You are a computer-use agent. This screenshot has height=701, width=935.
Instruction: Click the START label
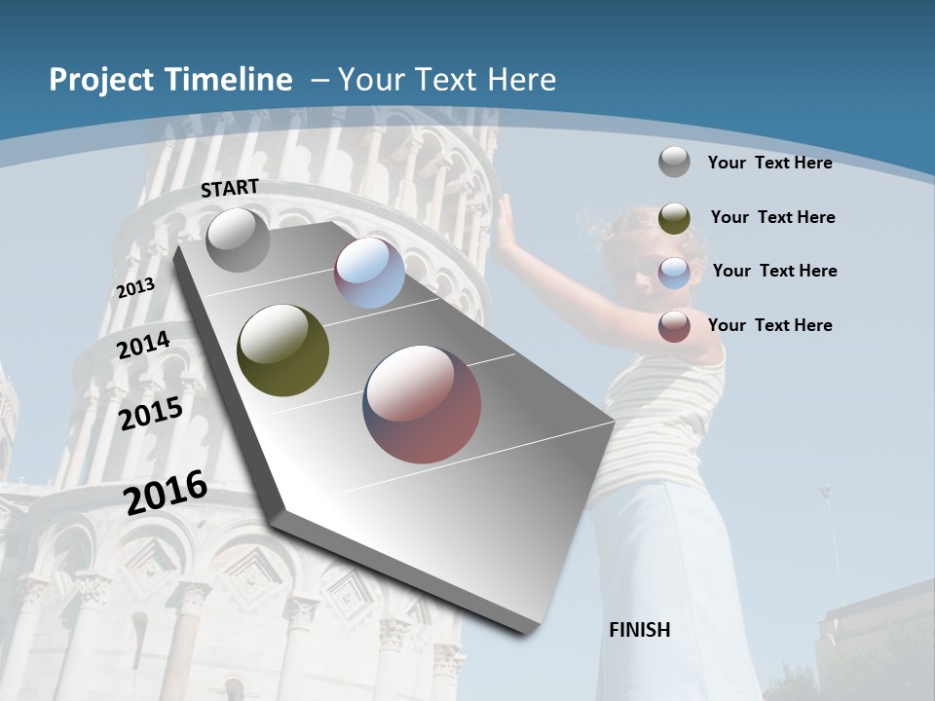[x=230, y=188]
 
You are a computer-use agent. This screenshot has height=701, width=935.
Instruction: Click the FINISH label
[x=640, y=630]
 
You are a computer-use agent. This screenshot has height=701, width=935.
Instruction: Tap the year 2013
[x=135, y=288]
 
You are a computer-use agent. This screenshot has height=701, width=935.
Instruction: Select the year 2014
[x=143, y=346]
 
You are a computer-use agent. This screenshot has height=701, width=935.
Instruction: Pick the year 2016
[x=166, y=493]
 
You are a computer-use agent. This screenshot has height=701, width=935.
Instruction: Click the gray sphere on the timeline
[x=239, y=240]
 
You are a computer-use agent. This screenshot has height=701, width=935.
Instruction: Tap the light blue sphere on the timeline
[x=369, y=273]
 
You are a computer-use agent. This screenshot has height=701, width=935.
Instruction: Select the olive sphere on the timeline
[x=283, y=350]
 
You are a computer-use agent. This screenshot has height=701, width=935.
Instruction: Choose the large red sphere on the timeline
[x=422, y=404]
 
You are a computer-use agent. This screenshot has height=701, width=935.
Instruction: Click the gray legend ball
[x=674, y=162]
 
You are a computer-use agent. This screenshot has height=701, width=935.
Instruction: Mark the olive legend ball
[x=674, y=218]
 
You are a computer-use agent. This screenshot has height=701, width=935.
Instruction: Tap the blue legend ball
[x=674, y=273]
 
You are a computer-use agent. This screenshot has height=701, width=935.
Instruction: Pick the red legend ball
[x=674, y=326]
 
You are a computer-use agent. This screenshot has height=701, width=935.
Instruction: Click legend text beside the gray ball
[x=769, y=163]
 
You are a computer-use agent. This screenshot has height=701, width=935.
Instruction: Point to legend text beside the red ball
[x=769, y=325]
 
